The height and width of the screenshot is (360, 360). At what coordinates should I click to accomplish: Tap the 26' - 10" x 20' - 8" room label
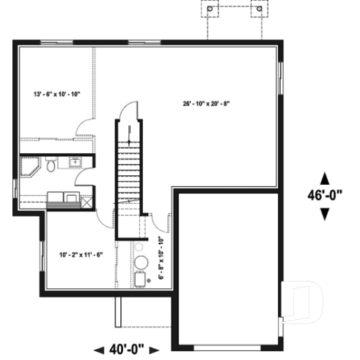[x=207, y=103]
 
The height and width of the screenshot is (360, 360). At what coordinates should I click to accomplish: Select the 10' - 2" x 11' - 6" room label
[x=81, y=254]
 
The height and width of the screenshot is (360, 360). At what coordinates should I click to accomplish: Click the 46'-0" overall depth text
[x=325, y=196]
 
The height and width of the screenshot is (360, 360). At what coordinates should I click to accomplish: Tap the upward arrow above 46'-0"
[x=325, y=178]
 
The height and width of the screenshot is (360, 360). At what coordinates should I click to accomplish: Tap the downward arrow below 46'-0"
[x=325, y=213]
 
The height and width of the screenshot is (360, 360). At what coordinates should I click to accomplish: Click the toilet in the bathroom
[x=50, y=164]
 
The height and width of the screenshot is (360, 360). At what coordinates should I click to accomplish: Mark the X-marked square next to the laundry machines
[x=87, y=197]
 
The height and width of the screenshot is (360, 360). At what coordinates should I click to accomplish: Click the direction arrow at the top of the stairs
[x=130, y=133]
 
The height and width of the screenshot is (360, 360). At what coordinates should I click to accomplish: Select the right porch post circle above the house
[x=257, y=10]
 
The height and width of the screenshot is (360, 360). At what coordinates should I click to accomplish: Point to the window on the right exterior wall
[x=282, y=78]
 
